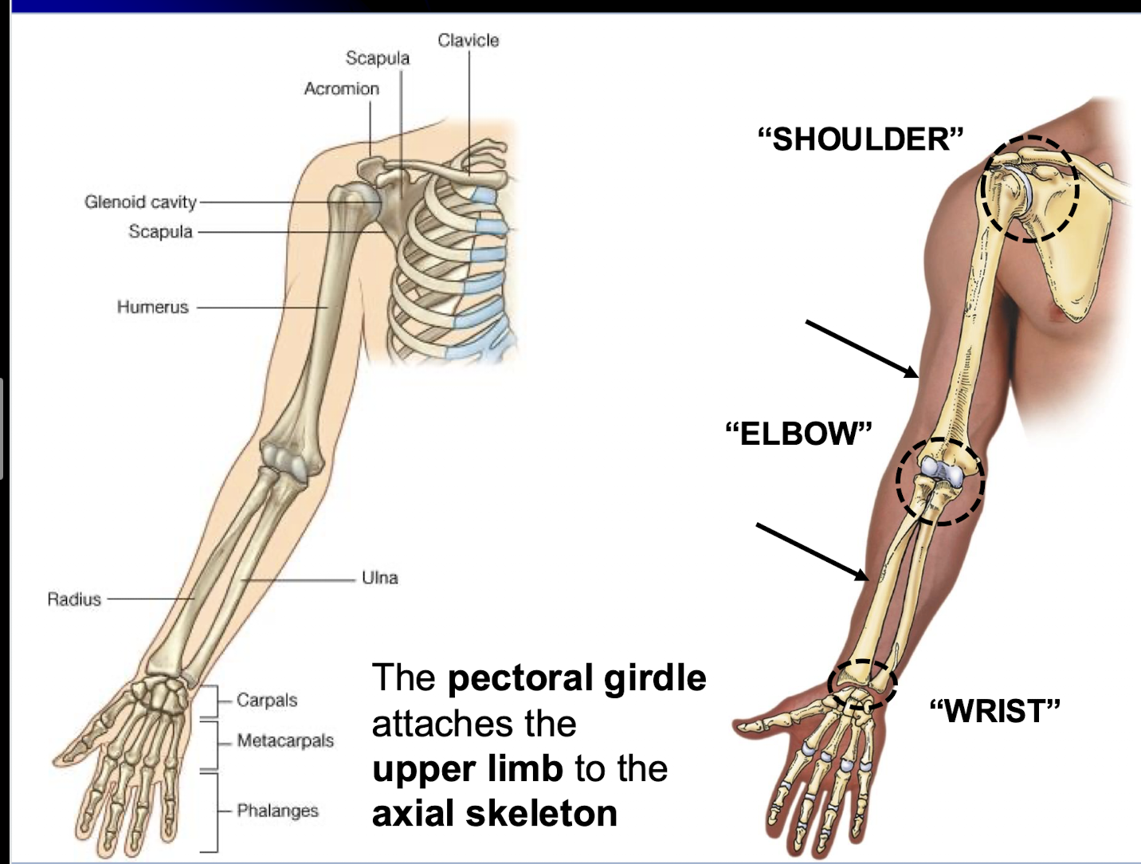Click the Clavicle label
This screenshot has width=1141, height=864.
[468, 40]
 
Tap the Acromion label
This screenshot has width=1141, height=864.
[341, 88]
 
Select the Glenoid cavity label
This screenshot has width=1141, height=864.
[140, 202]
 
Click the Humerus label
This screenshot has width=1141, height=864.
[152, 307]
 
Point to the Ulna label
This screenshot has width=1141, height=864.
[379, 577]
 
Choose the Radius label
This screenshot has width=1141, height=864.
[74, 599]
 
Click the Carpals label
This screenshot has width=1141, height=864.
[267, 700]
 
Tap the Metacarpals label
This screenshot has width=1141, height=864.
[285, 740]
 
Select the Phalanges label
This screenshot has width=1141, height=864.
[277, 811]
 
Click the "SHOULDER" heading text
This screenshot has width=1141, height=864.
[861, 139]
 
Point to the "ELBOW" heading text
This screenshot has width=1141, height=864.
[798, 434]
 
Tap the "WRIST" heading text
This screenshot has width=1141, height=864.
[995, 710]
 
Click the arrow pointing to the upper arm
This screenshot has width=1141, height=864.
[861, 348]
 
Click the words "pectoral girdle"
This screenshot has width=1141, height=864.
[577, 678]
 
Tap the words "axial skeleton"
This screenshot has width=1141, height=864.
[495, 814]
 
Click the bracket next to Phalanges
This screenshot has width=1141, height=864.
[214, 811]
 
